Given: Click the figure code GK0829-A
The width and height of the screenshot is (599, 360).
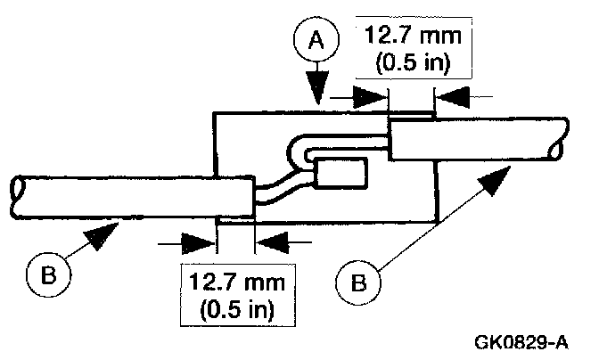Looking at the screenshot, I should pos(535,343).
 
